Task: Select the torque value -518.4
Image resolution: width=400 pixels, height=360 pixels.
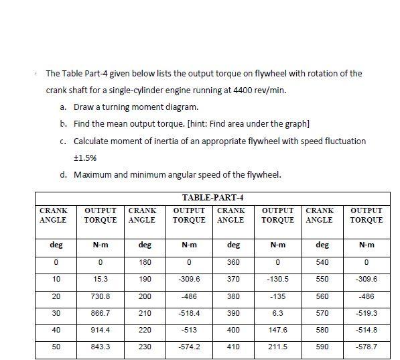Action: pos(190,312)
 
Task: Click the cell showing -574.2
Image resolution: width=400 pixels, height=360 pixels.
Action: pos(190,347)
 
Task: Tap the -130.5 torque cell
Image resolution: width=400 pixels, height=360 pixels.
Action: pos(278,278)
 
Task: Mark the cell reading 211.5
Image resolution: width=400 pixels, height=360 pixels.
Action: pos(278,347)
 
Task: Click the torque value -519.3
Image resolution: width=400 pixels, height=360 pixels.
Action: pos(367,312)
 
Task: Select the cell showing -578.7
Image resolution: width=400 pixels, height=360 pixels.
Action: pos(367,347)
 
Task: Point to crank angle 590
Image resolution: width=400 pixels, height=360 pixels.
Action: pos(323,347)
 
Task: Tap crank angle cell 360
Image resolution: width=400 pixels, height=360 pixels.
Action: pos(234,261)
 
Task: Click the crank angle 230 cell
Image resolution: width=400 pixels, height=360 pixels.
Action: pos(145,347)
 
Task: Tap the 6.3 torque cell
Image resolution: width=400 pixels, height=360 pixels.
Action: pos(278,312)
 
